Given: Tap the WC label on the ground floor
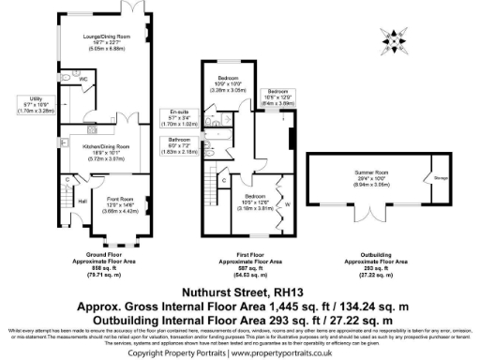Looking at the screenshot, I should click(x=82, y=80).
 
